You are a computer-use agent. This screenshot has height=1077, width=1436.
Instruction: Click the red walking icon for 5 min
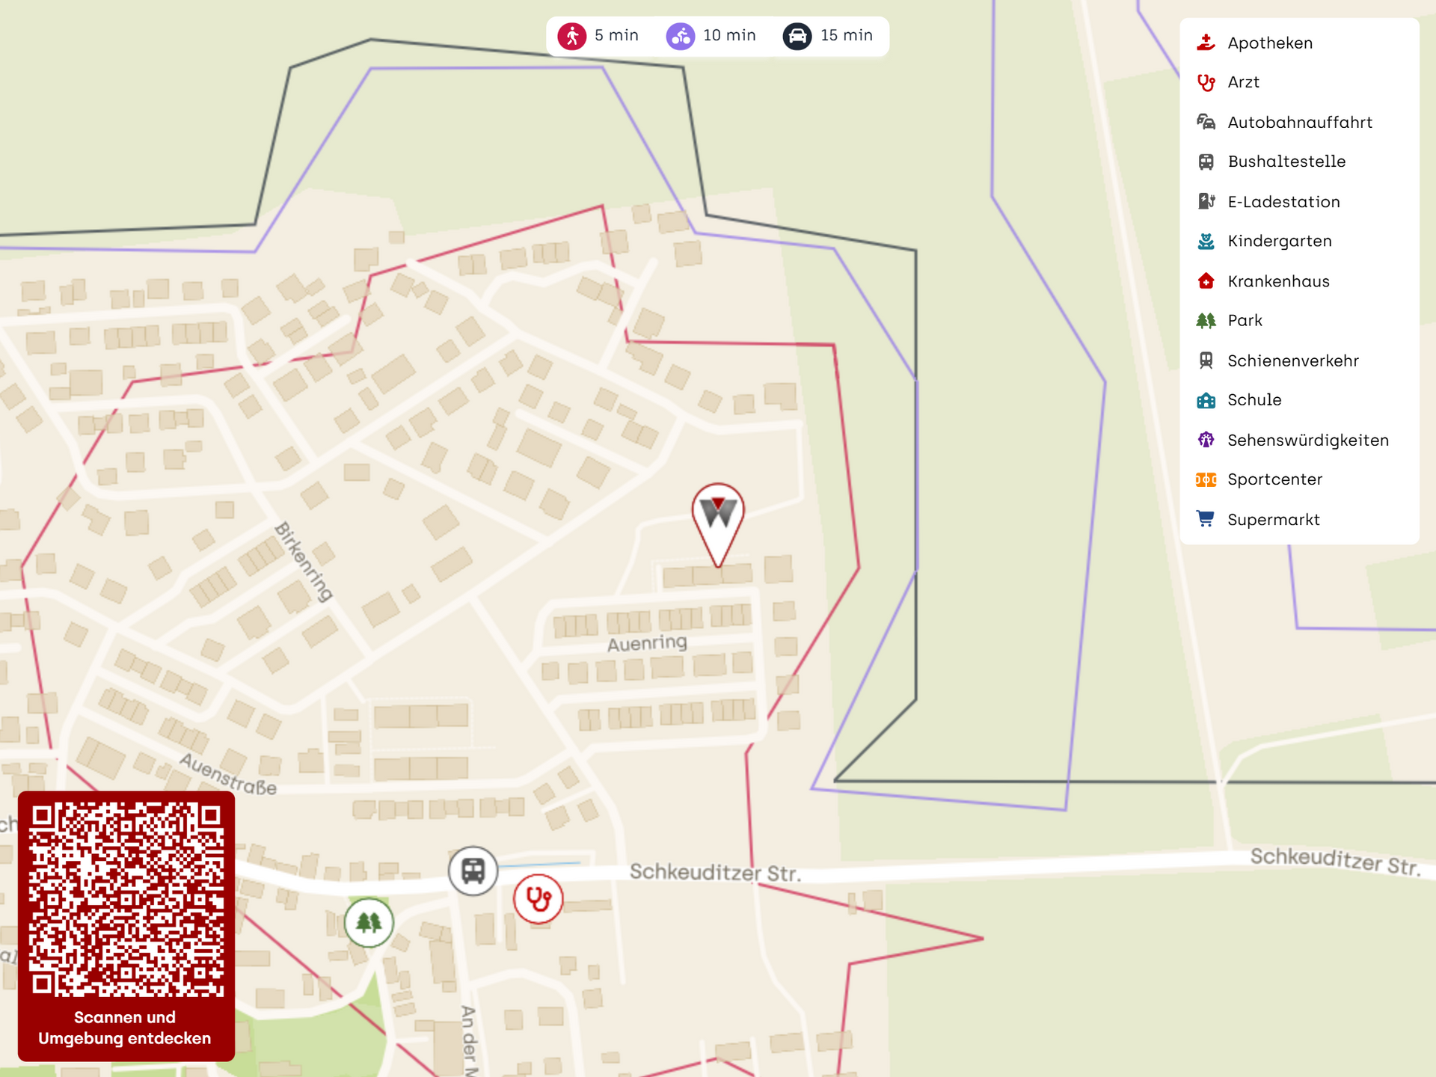[572, 36]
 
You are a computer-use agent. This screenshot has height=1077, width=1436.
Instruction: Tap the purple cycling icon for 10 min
[681, 36]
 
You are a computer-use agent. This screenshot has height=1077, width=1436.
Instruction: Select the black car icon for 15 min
[797, 36]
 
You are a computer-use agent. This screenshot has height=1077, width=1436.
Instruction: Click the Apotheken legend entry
[1269, 43]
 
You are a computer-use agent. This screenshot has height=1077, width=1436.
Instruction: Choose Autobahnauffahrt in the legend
[1299, 123]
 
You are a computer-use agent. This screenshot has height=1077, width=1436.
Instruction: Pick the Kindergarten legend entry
[1279, 242]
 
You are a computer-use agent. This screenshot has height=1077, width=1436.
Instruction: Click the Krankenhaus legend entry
[1278, 281]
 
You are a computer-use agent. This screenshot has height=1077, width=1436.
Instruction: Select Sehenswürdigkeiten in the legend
[1307, 441]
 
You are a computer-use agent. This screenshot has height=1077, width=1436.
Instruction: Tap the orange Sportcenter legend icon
[1206, 480]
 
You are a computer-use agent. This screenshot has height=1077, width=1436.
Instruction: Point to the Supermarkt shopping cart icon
[1206, 519]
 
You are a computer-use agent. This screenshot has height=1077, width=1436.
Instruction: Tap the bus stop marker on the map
[473, 871]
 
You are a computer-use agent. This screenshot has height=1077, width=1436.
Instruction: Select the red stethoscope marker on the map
[538, 898]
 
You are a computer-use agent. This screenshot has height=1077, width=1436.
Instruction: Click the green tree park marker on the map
[369, 922]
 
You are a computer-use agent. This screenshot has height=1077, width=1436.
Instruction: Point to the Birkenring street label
[304, 562]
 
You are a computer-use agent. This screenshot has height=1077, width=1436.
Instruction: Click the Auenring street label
[647, 643]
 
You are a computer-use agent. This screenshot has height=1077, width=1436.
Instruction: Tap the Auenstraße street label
[228, 775]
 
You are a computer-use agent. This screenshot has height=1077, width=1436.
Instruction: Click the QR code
[126, 900]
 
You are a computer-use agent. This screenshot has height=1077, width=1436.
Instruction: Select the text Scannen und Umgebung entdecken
[125, 1028]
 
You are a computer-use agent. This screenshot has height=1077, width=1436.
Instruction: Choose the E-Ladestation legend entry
[1283, 202]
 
